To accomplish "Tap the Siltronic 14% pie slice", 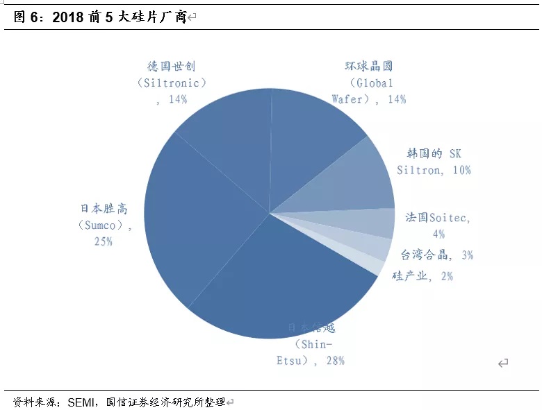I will [x=229, y=139].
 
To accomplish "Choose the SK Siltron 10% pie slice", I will [x=354, y=184].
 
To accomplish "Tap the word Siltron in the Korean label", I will [x=419, y=169].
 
